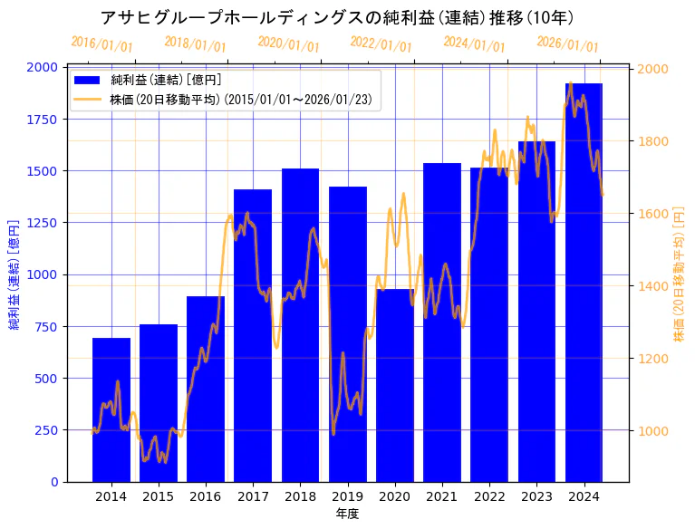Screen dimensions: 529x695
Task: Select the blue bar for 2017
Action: pyautogui.click(x=253, y=335)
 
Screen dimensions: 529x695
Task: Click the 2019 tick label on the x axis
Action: pyautogui.click(x=347, y=496)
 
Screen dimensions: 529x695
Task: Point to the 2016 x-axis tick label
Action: pyautogui.click(x=206, y=496)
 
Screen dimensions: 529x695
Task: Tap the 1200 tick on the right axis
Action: pyautogui.click(x=652, y=359)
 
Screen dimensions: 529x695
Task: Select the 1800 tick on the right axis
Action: pyautogui.click(x=652, y=141)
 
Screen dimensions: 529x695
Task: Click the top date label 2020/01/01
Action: pyautogui.click(x=288, y=44)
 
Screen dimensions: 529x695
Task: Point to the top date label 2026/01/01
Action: pyautogui.click(x=567, y=44)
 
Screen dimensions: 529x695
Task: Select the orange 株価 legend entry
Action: pyautogui.click(x=240, y=99)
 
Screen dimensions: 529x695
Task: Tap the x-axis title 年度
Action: pyautogui.click(x=347, y=514)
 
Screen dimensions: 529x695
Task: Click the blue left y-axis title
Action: pyautogui.click(x=14, y=274)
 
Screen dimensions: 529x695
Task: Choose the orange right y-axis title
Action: pyautogui.click(x=680, y=274)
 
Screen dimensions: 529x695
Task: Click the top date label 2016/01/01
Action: pyautogui.click(x=101, y=44)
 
